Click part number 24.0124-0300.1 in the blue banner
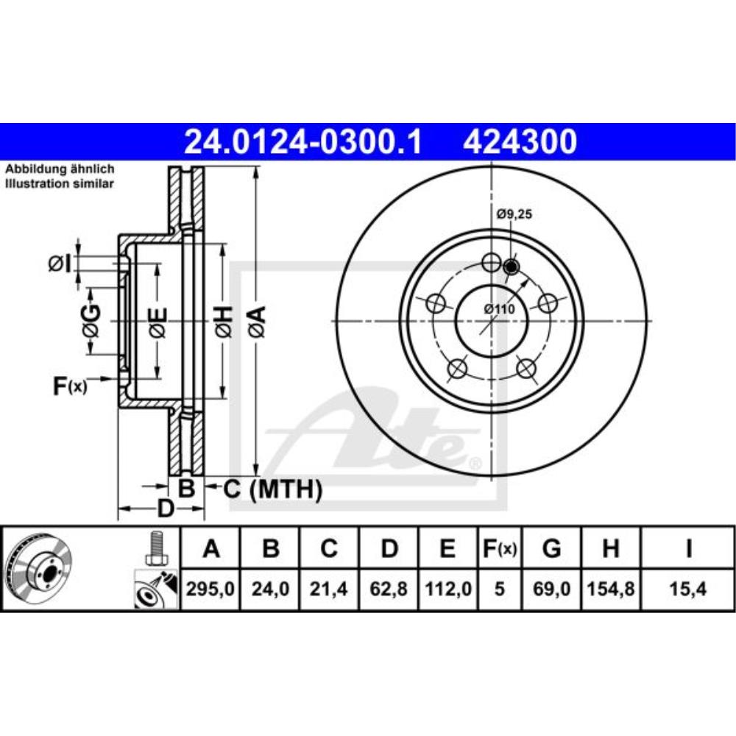click(x=303, y=142)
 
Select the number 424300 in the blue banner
click(x=520, y=142)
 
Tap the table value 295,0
click(x=210, y=589)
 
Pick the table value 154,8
click(x=611, y=589)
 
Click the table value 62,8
click(x=389, y=589)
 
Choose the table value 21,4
click(x=328, y=589)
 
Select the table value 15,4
click(x=687, y=589)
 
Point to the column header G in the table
click(x=551, y=548)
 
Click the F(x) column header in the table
click(x=500, y=548)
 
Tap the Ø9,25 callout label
click(x=514, y=214)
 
